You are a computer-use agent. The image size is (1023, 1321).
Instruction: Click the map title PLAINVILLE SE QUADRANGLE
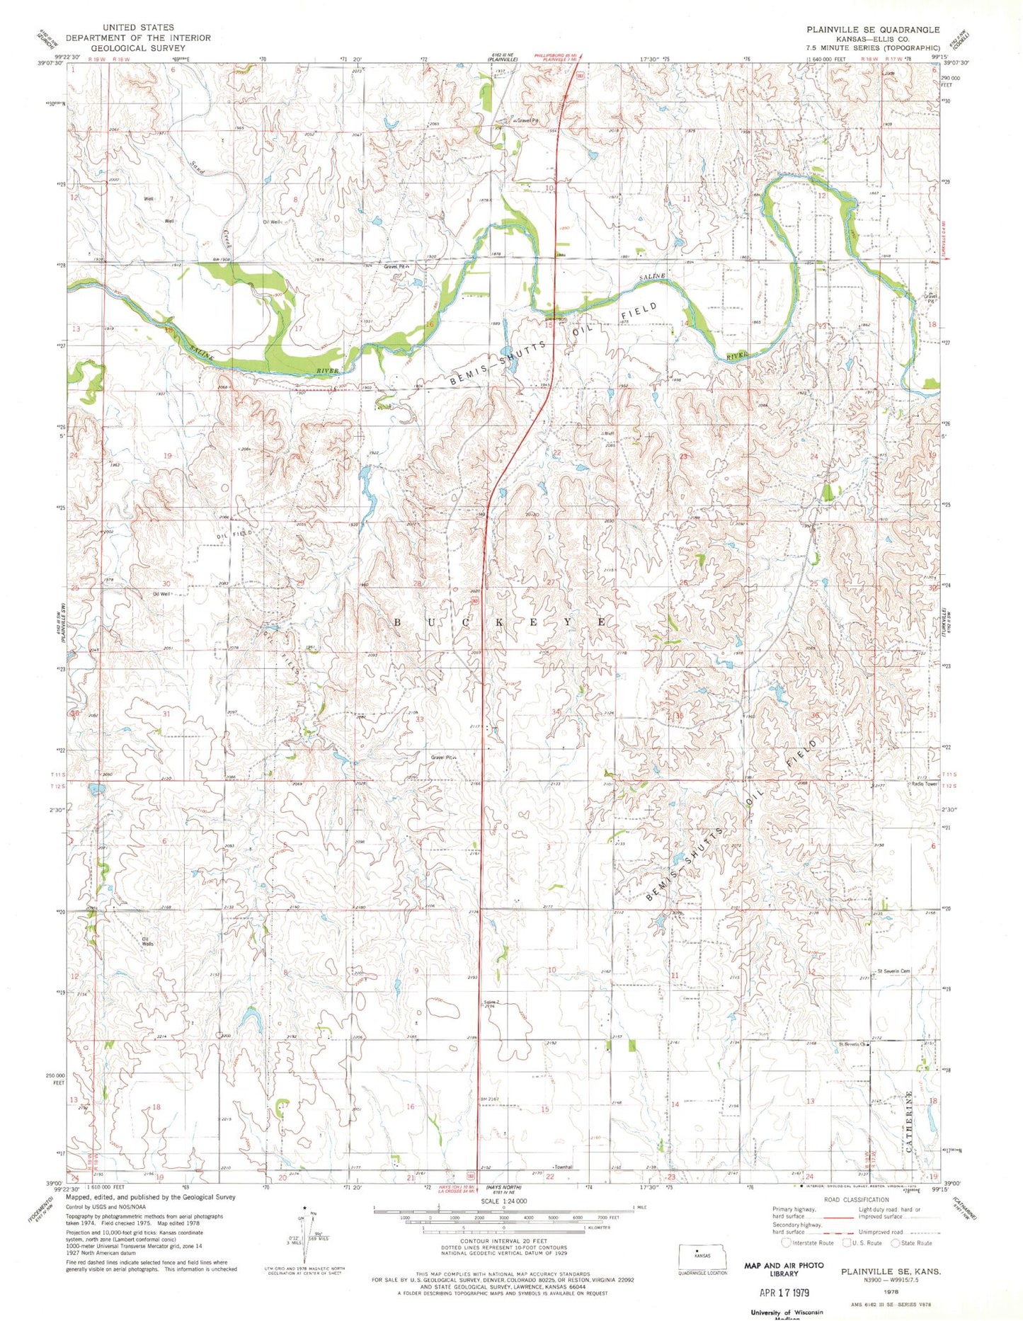point(873,30)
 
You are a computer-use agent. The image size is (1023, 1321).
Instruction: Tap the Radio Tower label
point(924,784)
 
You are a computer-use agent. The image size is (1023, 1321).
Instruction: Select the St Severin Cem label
point(892,971)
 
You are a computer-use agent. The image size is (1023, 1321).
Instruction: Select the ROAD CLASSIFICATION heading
point(856,1200)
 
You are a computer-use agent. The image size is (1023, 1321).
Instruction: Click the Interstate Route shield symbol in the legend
point(786,1242)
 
